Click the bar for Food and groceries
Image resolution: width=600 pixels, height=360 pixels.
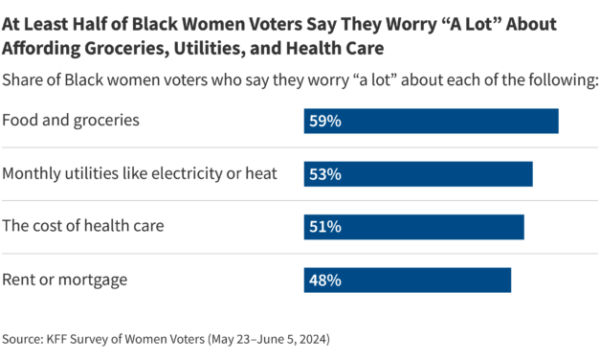(x=431, y=122)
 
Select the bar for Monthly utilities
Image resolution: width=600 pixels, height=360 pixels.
(x=417, y=174)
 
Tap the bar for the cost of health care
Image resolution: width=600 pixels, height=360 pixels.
(x=413, y=227)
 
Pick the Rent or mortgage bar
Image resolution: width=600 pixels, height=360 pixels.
(x=407, y=280)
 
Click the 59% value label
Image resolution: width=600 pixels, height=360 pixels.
(x=324, y=122)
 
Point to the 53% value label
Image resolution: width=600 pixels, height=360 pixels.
(x=324, y=174)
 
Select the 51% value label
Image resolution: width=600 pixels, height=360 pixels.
(x=324, y=227)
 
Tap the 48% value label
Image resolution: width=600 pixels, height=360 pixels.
(x=324, y=280)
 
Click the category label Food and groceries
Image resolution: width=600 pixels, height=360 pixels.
(x=72, y=121)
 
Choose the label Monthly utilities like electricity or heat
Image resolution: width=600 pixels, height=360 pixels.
(x=140, y=173)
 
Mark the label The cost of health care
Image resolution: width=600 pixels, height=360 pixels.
(x=83, y=226)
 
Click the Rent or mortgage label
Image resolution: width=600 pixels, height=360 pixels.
(x=65, y=279)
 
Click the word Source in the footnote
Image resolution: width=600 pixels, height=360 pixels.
(x=22, y=339)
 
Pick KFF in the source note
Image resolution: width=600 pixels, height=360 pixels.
(x=58, y=339)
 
